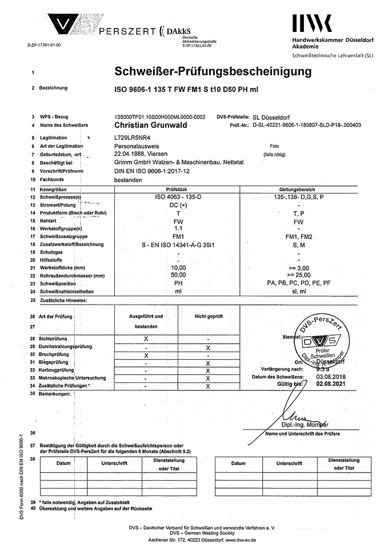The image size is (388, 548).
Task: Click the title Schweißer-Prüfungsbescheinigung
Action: pos(213,72)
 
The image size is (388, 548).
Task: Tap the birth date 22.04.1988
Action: pos(130,154)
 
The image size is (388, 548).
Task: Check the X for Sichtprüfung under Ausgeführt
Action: pos(146,339)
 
